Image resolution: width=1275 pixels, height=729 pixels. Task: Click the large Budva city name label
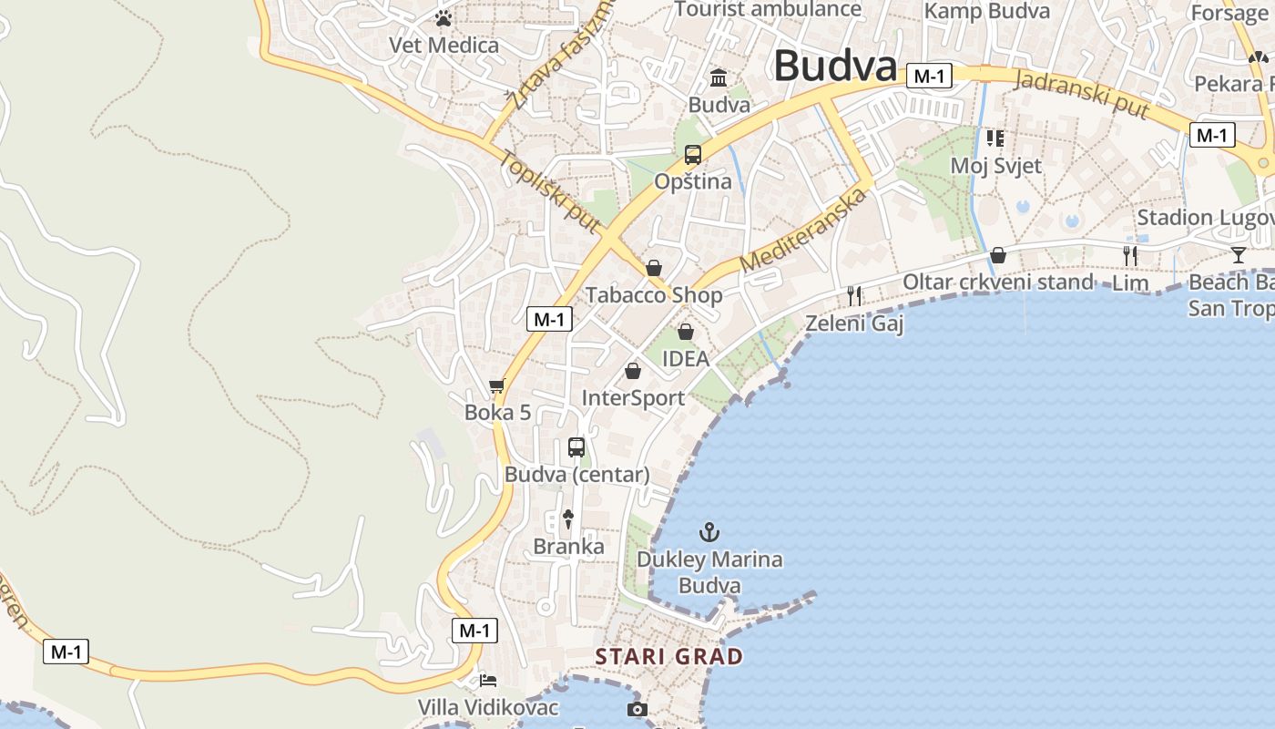835,66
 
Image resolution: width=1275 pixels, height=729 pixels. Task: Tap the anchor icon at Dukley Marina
709,531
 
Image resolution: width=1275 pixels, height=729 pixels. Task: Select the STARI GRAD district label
669,656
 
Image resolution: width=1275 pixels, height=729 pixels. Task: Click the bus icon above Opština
693,155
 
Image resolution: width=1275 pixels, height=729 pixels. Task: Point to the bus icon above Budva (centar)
576,447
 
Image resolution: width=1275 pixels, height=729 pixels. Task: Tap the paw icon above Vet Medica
444,18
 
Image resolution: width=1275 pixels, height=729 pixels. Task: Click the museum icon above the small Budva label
719,77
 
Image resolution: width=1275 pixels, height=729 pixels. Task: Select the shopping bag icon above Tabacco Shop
653,268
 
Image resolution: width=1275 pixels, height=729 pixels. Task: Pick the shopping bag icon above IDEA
686,332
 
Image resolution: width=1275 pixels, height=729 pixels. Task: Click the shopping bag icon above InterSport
633,371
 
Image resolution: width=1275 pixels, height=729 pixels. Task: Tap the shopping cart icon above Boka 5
496,385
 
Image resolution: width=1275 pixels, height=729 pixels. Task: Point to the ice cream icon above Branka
568,519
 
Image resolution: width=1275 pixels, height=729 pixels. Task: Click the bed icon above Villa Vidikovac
488,680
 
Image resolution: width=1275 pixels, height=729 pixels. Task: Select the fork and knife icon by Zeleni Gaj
854,295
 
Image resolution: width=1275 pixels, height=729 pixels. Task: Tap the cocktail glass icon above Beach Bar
1238,254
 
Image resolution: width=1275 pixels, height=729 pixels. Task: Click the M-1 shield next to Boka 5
550,319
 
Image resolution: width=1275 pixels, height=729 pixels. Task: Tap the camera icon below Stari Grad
637,709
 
